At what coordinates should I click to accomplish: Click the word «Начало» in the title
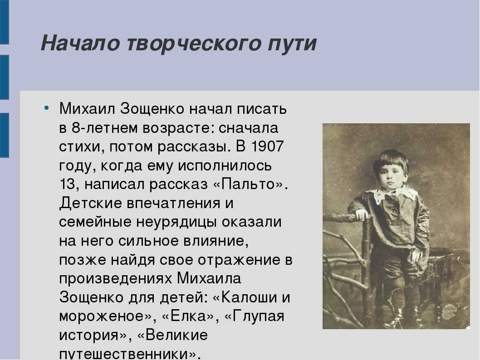[x=80, y=43]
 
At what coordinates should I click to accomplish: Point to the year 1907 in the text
[x=267, y=146]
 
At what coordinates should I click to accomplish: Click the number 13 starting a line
[x=67, y=184]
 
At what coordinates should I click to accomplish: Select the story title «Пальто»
[x=247, y=184]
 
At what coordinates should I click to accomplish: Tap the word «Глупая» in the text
[x=258, y=316]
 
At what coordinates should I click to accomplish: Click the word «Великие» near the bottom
[x=176, y=335]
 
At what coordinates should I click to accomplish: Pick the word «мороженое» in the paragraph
[x=101, y=317]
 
